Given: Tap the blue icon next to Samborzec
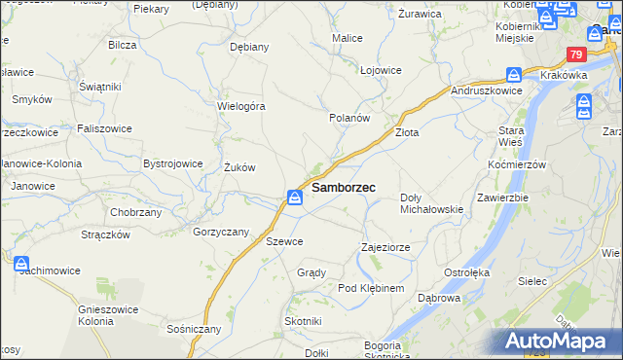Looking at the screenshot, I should (295, 198).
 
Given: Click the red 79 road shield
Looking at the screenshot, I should (577, 55).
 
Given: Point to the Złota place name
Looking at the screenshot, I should (406, 132).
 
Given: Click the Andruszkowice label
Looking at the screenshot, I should (488, 90).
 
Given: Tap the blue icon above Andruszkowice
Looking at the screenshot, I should (513, 74).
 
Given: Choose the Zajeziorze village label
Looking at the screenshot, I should (383, 247).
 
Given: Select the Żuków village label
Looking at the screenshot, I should (239, 167).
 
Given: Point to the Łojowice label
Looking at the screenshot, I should (381, 70).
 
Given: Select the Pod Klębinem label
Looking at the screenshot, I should (371, 289).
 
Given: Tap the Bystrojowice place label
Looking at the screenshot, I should (172, 163).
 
